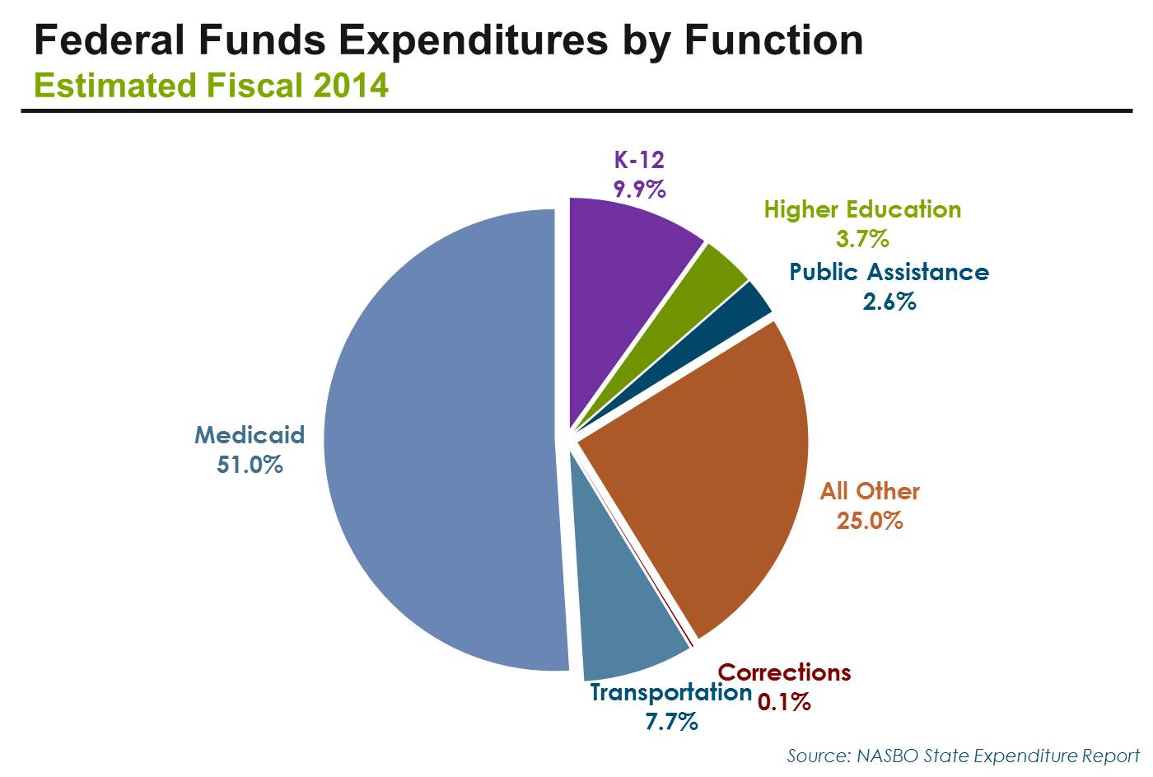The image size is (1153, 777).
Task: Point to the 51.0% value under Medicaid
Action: [x=250, y=465]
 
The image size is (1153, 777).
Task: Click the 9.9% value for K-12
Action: [x=639, y=190]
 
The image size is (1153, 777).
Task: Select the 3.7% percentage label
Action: [x=862, y=239]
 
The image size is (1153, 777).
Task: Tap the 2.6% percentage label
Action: [x=889, y=302]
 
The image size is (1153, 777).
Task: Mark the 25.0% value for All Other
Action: [x=870, y=521]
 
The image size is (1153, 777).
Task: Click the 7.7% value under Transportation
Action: [x=671, y=722]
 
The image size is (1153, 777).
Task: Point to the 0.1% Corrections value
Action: [x=784, y=702]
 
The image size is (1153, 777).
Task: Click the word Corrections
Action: [x=784, y=672]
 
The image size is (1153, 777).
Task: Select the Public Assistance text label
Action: [x=889, y=272]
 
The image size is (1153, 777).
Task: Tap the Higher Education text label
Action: [x=862, y=209]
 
